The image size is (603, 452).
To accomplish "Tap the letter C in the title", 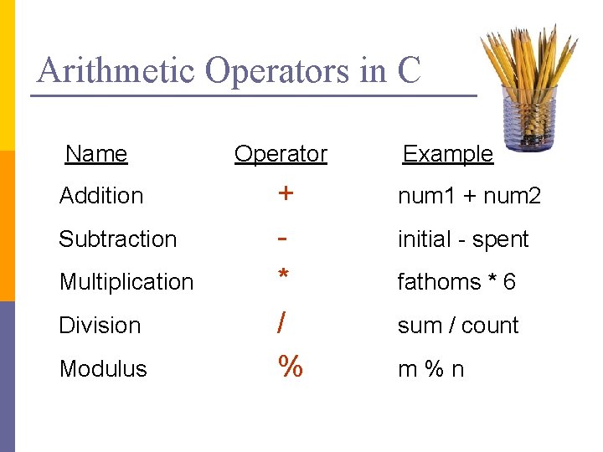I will (409, 70).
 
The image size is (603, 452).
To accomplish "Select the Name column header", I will (96, 154).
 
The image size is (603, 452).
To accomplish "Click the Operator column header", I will (281, 154).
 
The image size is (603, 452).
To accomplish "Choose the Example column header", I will (448, 154).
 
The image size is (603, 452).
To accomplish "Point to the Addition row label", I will (101, 196).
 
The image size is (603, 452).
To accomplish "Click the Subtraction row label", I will (118, 239).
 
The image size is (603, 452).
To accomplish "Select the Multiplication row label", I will (126, 282).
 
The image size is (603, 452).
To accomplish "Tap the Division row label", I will (100, 326).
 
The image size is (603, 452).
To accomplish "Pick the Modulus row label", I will (103, 369).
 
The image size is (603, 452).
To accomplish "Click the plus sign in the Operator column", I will (286, 193).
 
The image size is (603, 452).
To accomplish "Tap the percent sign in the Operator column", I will (290, 367).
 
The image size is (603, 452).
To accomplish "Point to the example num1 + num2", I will (469, 197).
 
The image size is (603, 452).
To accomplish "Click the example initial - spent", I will (463, 239).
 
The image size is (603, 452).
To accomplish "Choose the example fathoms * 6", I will (456, 282).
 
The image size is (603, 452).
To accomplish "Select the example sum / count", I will (458, 326).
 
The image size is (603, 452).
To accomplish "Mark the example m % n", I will (430, 369).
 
